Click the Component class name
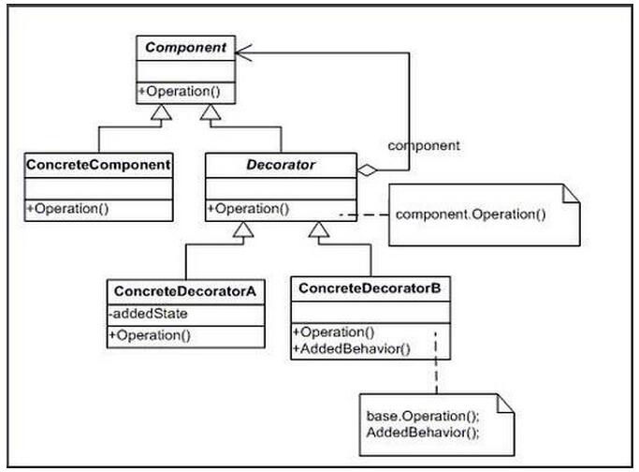pyautogui.click(x=186, y=48)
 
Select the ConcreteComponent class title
pyautogui.click(x=98, y=165)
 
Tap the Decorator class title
pyautogui.click(x=281, y=165)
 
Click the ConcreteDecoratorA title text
pyautogui.click(x=185, y=291)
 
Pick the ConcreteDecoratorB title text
pyautogui.click(x=370, y=288)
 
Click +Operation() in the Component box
pyautogui.click(x=180, y=92)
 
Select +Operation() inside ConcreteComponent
pyautogui.click(x=67, y=209)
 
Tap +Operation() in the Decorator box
pyautogui.click(x=248, y=209)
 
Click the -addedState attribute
pyautogui.click(x=148, y=314)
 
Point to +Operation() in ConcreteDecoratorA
pyautogui.click(x=150, y=335)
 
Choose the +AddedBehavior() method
pyautogui.click(x=352, y=349)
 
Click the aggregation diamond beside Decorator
pyautogui.click(x=367, y=170)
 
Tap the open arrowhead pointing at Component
pyautogui.click(x=243, y=52)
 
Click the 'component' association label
pyautogui.click(x=424, y=146)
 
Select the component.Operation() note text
pyautogui.click(x=471, y=214)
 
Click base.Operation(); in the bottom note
pyautogui.click(x=423, y=416)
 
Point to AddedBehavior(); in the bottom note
pyautogui.click(x=423, y=433)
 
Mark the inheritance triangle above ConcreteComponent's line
pyautogui.click(x=161, y=112)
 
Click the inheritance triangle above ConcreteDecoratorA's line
pyautogui.click(x=243, y=229)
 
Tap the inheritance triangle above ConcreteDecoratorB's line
pyautogui.click(x=319, y=229)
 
